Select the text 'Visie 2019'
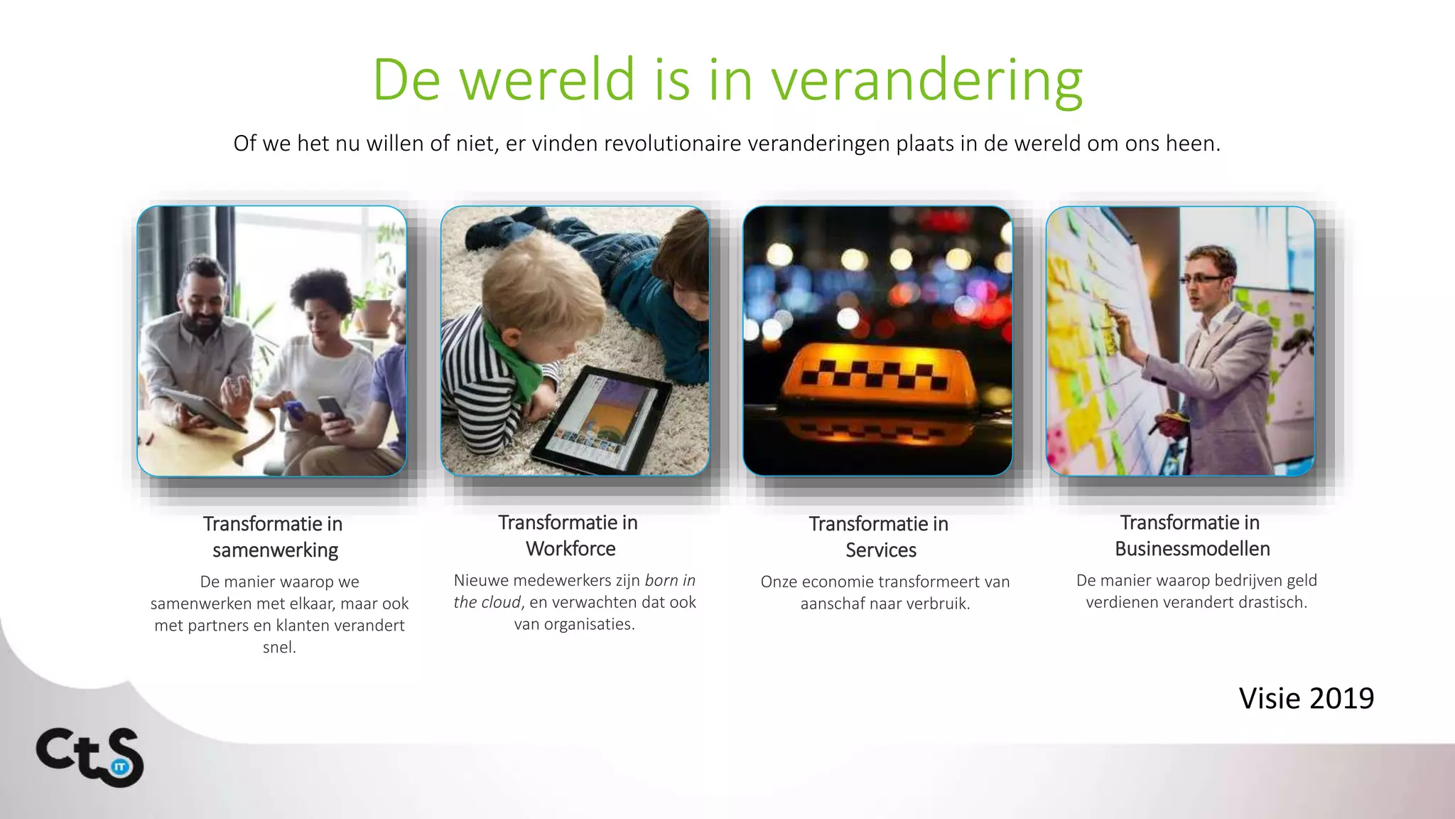1306,698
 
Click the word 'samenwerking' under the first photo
275,550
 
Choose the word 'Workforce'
570,549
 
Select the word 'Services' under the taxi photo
880,550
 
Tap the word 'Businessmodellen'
1192,549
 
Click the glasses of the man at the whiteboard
1205,279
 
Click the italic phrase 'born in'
670,580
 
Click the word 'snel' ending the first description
278,647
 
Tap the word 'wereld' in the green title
547,80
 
